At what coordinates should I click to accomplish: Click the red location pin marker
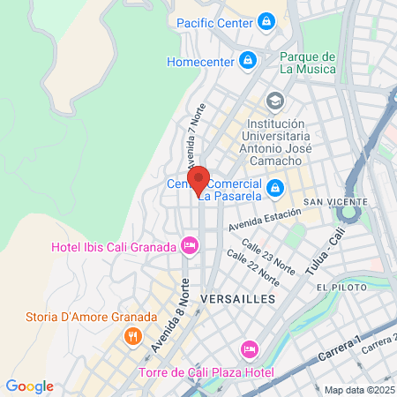click(198, 179)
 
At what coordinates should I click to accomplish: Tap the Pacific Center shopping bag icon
click(266, 24)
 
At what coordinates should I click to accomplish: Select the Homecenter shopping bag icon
click(248, 61)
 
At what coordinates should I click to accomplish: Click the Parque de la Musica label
click(307, 63)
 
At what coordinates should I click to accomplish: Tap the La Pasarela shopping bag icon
click(275, 187)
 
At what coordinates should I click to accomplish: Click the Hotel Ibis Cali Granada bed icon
click(188, 244)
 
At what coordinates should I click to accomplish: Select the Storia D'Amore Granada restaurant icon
click(132, 335)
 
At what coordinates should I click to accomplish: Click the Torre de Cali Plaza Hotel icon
click(250, 349)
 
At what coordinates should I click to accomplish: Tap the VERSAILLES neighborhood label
click(238, 299)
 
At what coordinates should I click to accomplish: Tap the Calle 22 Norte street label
click(253, 267)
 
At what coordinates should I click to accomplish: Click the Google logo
click(29, 386)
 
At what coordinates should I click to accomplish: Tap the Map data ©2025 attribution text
click(357, 390)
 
